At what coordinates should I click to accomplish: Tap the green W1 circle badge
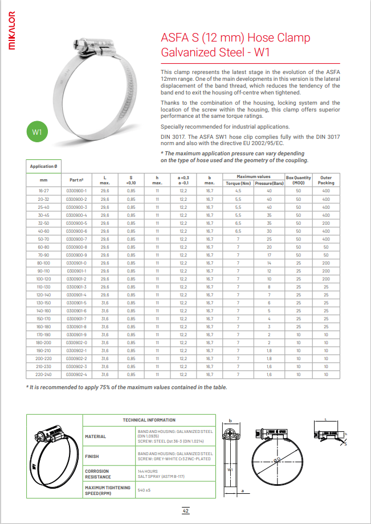(38, 133)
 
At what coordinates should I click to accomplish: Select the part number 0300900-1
(76, 191)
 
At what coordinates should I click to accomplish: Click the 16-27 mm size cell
(44, 191)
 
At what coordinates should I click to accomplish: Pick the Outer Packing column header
(326, 180)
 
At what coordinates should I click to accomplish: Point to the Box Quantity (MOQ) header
(298, 180)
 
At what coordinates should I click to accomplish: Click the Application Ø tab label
(43, 166)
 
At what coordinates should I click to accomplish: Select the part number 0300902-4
(76, 374)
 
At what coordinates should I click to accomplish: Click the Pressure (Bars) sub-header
(269, 183)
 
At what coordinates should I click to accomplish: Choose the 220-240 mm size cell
(44, 374)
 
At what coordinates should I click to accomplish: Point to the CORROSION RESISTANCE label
(97, 474)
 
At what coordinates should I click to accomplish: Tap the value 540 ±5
(144, 490)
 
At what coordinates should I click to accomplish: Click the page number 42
(185, 511)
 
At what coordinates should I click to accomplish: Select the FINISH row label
(92, 456)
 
